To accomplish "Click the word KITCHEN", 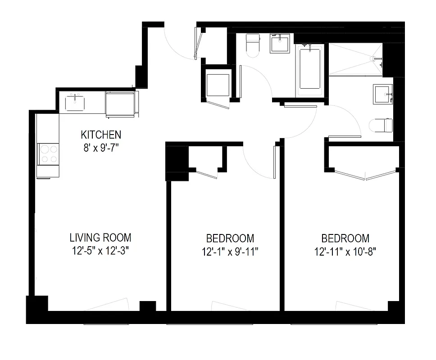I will [101, 135].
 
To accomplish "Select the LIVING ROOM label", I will [100, 238].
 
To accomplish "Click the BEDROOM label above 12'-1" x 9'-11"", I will [230, 238].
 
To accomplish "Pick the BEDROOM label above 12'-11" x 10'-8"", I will [345, 238].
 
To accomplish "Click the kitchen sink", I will [75, 103].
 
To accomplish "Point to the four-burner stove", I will [48, 154].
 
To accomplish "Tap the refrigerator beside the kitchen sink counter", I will [120, 104].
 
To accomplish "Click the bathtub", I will [310, 69].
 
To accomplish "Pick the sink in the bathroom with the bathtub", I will [280, 44].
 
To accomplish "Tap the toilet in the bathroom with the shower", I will [381, 125].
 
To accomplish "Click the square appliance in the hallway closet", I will [218, 85].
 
